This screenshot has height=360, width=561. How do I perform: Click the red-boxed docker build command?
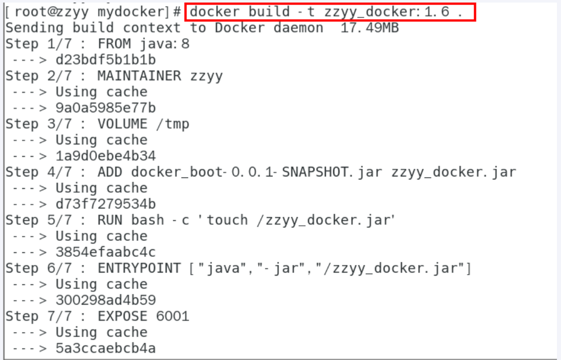coord(330,12)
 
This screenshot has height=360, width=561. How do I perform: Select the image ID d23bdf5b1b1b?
coord(106,60)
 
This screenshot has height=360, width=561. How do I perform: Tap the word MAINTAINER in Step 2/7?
coord(139,76)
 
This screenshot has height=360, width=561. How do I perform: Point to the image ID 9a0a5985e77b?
coord(106,108)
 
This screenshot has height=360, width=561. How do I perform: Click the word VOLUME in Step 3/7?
coord(122,124)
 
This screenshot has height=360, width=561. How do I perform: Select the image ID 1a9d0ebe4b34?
coord(106,156)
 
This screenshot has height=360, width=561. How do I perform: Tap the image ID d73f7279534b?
coord(106,204)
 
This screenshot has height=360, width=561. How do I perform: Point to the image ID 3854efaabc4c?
coord(106,252)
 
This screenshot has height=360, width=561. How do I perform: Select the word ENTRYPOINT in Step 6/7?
coord(139,268)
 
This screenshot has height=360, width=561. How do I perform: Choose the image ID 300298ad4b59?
coord(106,300)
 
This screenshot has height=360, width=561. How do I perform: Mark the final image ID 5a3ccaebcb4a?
coord(106,348)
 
